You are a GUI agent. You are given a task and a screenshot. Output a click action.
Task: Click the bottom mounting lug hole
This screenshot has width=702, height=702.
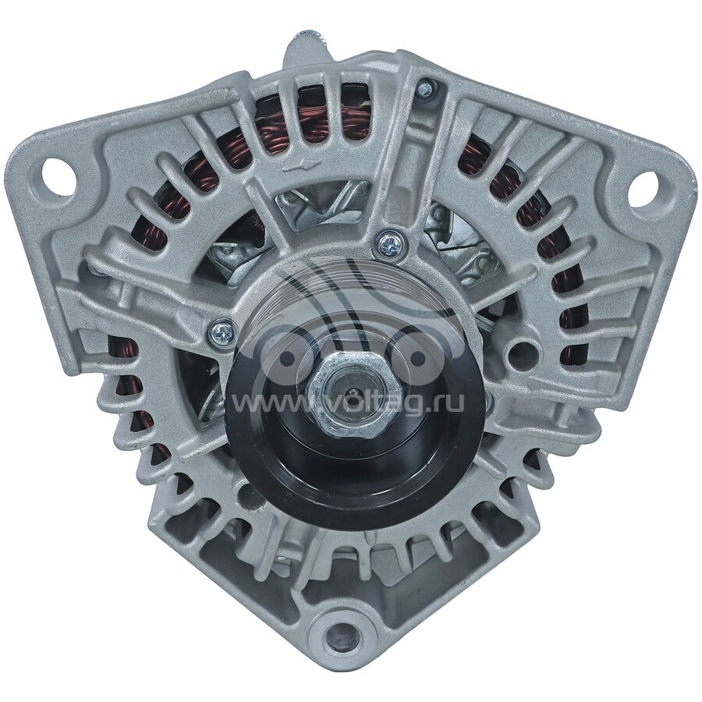[x=342, y=637]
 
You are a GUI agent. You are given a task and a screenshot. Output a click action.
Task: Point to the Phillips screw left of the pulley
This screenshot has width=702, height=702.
[x=222, y=332]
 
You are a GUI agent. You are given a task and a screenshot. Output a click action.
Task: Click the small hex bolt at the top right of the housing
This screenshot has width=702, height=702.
[x=424, y=89]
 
